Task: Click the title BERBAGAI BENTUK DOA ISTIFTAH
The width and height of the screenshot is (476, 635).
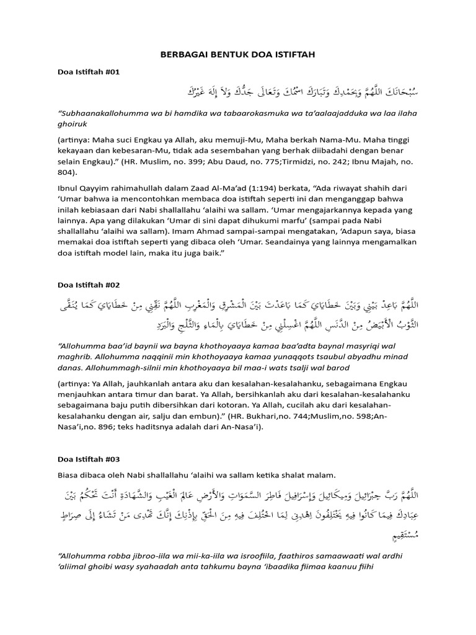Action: [x=238, y=55]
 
